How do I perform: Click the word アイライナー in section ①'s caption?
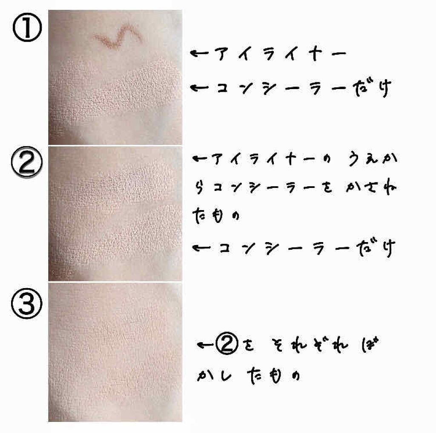point(281,54)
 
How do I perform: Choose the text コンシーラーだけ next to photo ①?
point(304,88)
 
